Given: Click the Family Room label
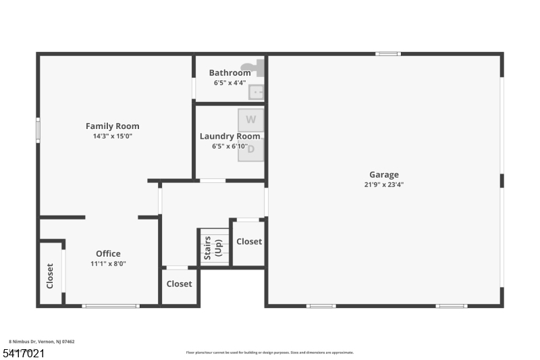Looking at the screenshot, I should [112, 126].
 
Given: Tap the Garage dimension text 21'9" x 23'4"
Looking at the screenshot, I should [383, 184].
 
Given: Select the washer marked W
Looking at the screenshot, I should [250, 120].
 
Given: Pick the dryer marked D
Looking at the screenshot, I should [250, 150].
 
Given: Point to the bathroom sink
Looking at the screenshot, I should [256, 91].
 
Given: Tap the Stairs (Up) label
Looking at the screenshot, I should [213, 247].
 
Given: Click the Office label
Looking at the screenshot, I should [108, 254].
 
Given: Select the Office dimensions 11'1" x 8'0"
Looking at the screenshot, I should [108, 263].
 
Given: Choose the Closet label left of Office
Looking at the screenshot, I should [50, 276].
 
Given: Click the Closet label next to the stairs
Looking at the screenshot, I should [249, 241].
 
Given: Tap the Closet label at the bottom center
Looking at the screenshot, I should [179, 284].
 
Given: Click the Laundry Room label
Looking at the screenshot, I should [230, 136].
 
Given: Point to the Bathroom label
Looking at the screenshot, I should [230, 73].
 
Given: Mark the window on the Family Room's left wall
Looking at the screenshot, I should [38, 130].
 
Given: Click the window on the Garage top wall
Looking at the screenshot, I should [387, 53].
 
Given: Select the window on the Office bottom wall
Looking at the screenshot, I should [111, 306].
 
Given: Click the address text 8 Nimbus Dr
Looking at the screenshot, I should [41, 342].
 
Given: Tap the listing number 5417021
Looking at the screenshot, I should [24, 353].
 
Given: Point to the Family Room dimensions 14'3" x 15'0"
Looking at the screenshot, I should [112, 135].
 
